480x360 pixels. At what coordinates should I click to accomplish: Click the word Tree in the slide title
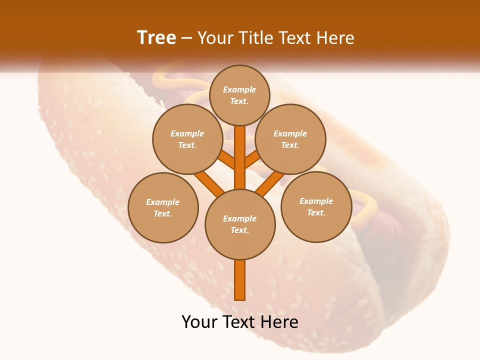point(156,38)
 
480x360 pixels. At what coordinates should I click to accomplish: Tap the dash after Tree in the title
point(186,38)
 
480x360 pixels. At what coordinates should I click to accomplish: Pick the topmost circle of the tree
point(239,95)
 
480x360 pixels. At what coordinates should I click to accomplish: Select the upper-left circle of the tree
point(187,139)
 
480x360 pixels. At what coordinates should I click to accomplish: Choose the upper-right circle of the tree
point(290,139)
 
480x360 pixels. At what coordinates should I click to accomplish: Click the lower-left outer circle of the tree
point(163,207)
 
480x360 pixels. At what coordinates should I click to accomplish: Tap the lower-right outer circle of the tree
point(316,206)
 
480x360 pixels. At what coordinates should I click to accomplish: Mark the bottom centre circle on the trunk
point(240,224)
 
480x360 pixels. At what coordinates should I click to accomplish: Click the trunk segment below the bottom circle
point(240,280)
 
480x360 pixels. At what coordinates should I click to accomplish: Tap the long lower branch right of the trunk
point(270,183)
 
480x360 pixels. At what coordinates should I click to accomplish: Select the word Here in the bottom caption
point(281,322)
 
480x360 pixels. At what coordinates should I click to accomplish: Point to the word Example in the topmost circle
point(239,89)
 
